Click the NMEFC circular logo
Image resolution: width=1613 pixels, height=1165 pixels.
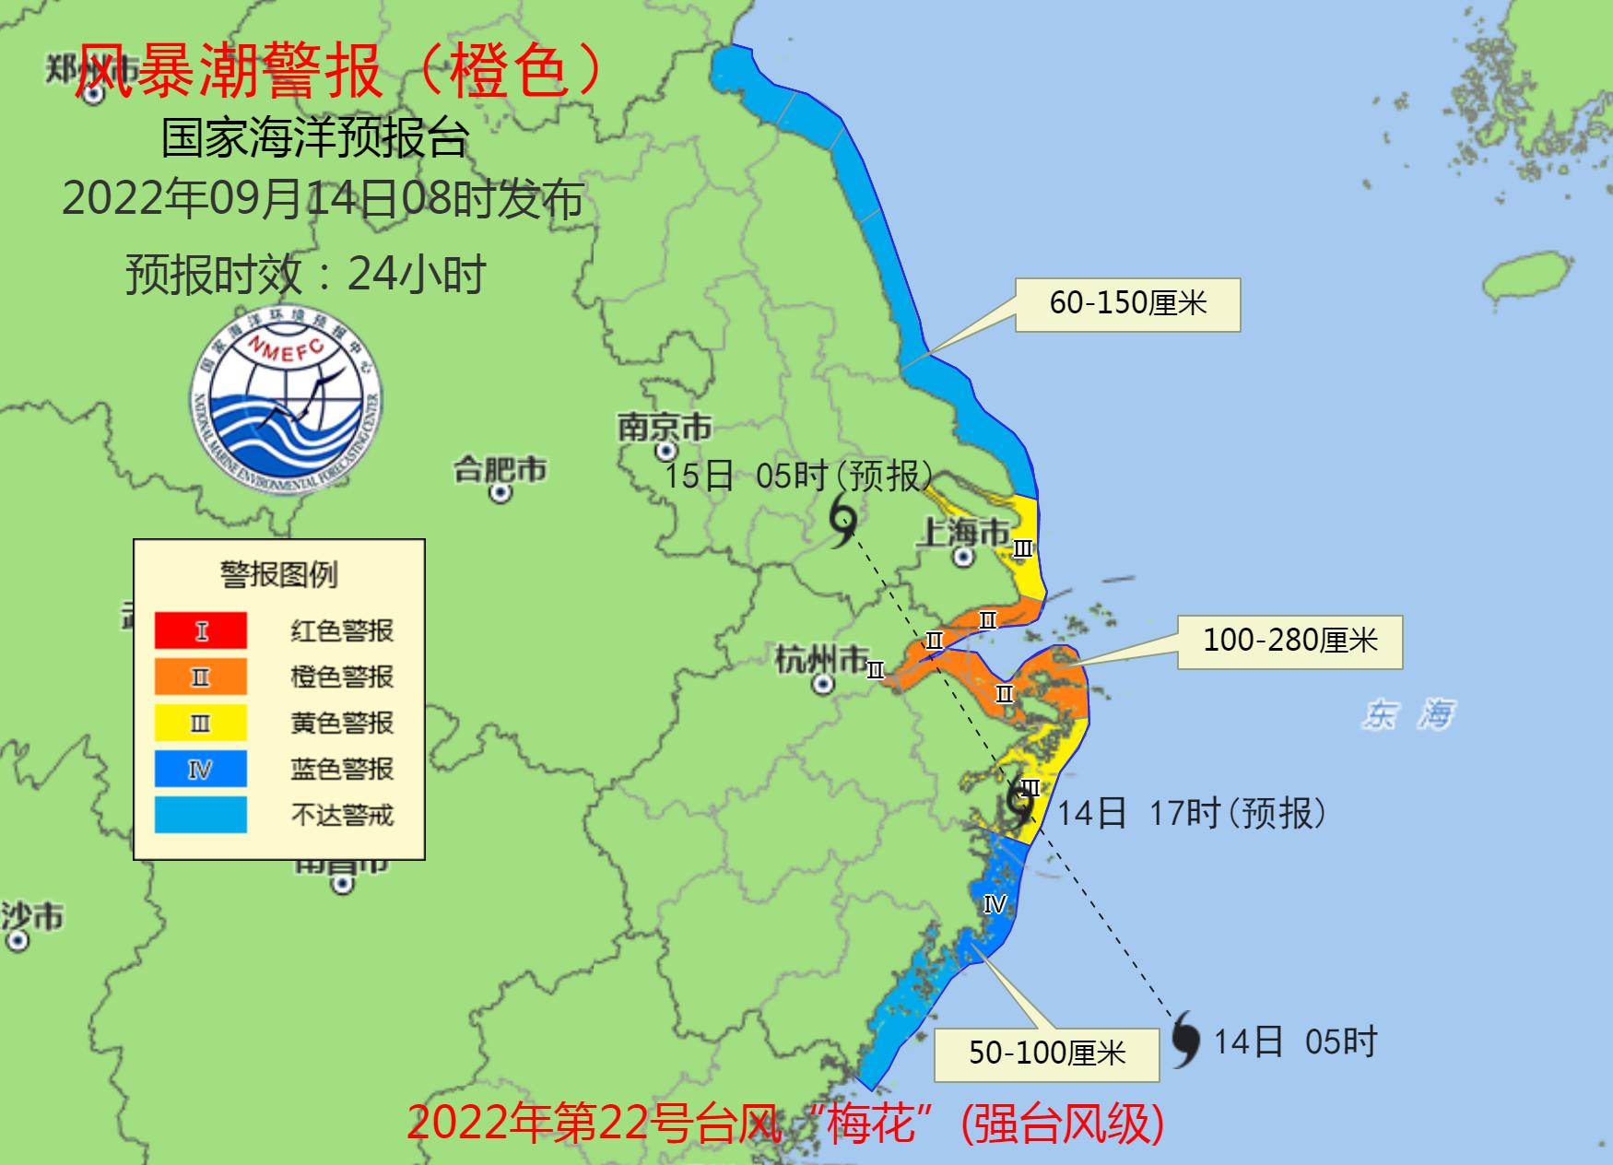pos(287,399)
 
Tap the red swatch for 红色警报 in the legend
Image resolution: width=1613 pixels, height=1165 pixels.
pos(201,630)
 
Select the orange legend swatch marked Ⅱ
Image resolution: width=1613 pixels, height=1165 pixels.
pos(201,677)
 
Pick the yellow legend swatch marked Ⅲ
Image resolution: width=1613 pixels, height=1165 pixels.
pos(201,723)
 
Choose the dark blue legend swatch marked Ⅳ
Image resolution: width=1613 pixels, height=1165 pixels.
pos(201,769)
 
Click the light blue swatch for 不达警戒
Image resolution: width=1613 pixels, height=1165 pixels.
pos(201,815)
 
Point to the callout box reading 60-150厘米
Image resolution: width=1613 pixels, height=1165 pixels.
pos(1127,304)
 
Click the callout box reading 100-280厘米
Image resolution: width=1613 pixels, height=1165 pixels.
pos(1289,641)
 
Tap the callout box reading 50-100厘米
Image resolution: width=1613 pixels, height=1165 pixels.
pos(1046,1053)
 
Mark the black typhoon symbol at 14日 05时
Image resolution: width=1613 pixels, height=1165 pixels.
pos(1185,1039)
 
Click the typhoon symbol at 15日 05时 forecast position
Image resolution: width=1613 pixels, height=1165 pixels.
pos(843,521)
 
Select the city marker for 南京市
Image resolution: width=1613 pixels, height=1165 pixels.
pos(665,452)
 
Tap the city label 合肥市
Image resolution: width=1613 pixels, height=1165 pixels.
pos(500,470)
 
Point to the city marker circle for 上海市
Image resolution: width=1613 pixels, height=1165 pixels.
pos(963,557)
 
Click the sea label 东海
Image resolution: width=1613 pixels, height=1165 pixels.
pos(1407,714)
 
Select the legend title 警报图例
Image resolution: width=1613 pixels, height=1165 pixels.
pos(278,574)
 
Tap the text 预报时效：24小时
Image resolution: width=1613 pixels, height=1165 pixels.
pos(305,274)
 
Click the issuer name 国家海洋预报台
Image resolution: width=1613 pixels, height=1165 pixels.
pos(315,138)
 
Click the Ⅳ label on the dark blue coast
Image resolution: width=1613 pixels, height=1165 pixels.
pos(995,904)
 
